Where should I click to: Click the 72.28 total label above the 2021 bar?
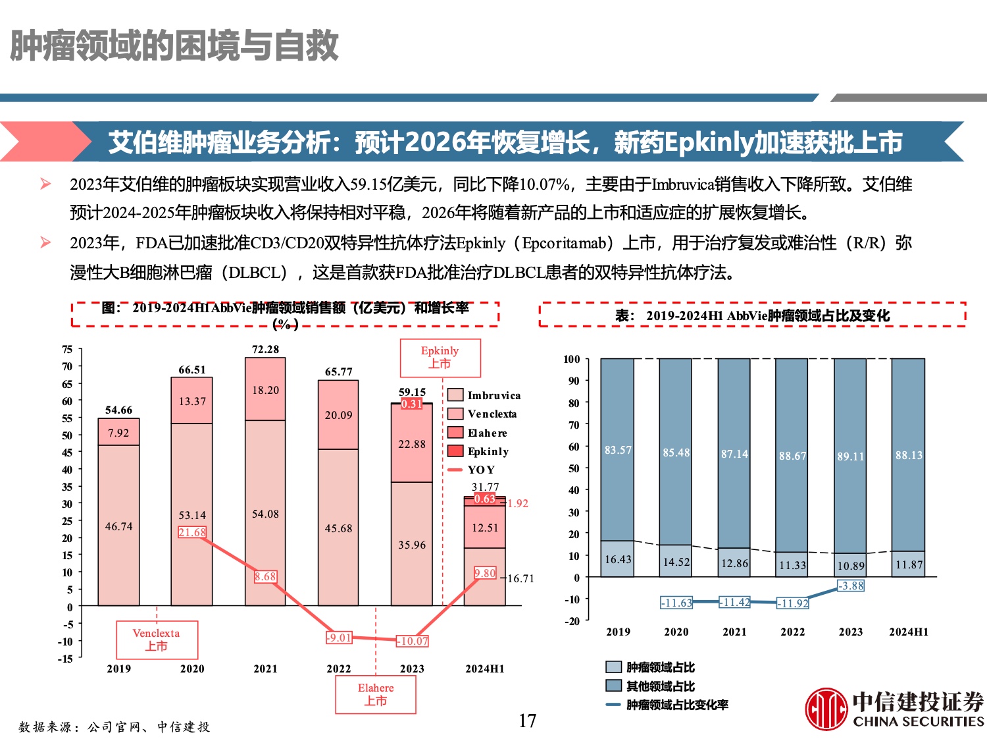[x=265, y=349]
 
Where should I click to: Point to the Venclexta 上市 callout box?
[x=157, y=640]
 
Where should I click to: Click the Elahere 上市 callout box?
[x=376, y=694]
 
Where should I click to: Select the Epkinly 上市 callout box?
[x=440, y=358]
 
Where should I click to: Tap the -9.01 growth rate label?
[x=340, y=638]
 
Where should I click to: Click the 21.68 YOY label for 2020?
[x=192, y=532]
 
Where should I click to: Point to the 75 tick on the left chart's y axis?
[x=67, y=349]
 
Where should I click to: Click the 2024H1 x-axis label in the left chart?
[x=485, y=669]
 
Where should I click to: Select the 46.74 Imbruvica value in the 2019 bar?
[x=118, y=526]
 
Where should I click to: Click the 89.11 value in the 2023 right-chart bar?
[x=850, y=456]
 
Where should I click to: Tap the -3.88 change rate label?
[x=851, y=586]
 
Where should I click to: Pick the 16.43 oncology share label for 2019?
[x=618, y=559]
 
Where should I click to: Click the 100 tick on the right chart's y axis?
[x=572, y=359]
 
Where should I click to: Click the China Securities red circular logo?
[x=826, y=709]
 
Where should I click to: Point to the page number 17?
[x=527, y=721]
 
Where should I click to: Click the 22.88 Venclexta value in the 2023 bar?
[x=412, y=444]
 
